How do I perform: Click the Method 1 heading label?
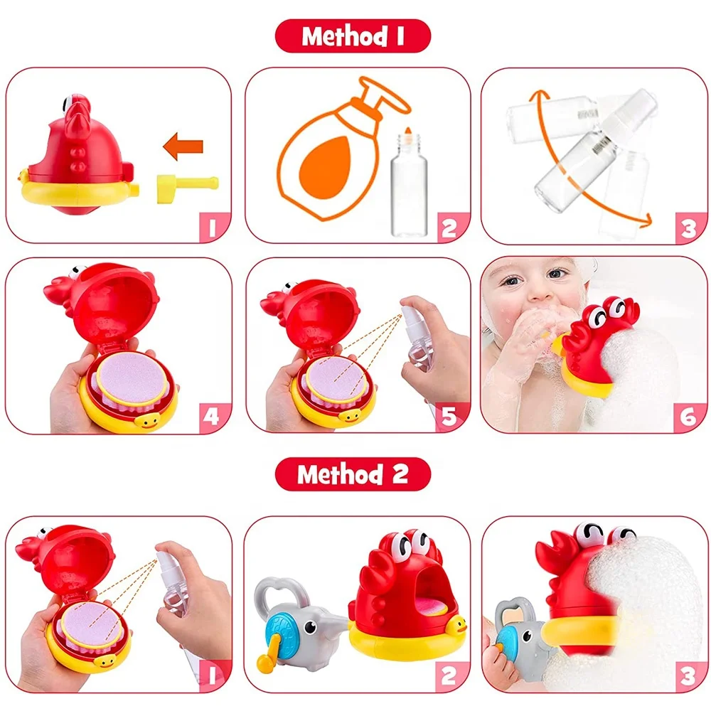[x=353, y=36]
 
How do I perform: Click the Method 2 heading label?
[x=353, y=474]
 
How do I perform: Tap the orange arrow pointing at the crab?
[x=183, y=147]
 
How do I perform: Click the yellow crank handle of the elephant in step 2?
[x=266, y=658]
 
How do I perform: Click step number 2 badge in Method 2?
[x=449, y=675]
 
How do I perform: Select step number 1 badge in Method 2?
[x=211, y=675]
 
